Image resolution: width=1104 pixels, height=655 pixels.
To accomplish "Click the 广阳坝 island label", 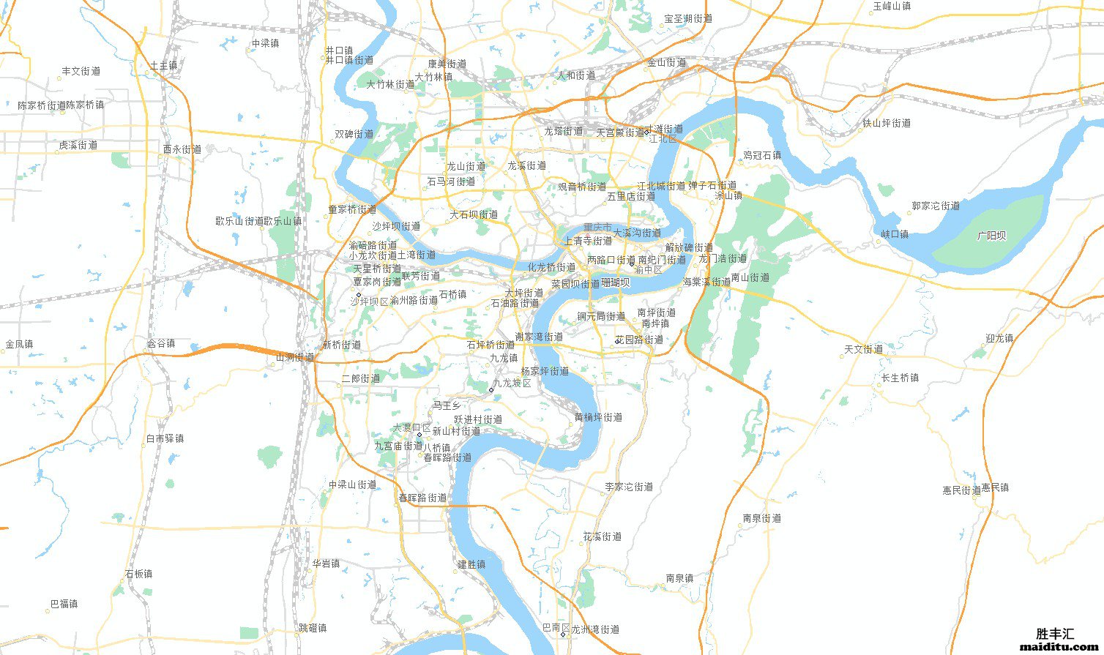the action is (991, 236).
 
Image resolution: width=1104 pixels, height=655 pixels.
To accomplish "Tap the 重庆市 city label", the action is (597, 228).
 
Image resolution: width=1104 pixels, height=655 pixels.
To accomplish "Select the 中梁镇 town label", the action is (265, 43).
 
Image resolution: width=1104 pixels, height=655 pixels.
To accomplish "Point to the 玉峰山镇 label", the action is (892, 6).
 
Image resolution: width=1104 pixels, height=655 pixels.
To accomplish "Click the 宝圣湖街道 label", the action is (687, 19).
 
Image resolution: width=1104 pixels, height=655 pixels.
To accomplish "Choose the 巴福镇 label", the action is (64, 604).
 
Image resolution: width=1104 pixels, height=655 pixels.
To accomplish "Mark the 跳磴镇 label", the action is (313, 628).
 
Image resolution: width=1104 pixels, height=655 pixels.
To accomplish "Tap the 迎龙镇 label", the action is (999, 338).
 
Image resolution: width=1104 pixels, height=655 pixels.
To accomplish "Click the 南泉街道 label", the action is (761, 518).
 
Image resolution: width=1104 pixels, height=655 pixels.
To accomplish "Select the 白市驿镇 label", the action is (165, 438).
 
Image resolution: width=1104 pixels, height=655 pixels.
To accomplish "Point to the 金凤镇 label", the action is (19, 344).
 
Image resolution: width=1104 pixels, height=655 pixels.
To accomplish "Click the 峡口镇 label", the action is (895, 234).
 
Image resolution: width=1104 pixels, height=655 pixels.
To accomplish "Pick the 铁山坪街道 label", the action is (887, 123).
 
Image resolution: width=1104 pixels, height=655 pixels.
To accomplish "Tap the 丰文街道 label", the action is (81, 71).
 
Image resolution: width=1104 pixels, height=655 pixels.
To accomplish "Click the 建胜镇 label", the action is (471, 564).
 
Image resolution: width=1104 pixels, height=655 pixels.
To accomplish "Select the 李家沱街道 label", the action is (629, 487).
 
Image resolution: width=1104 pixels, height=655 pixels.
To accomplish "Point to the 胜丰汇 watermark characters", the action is (1055, 634).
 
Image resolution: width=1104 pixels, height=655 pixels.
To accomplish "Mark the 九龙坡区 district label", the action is (512, 383).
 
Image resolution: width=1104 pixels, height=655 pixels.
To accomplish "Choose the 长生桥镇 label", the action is (900, 378).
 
